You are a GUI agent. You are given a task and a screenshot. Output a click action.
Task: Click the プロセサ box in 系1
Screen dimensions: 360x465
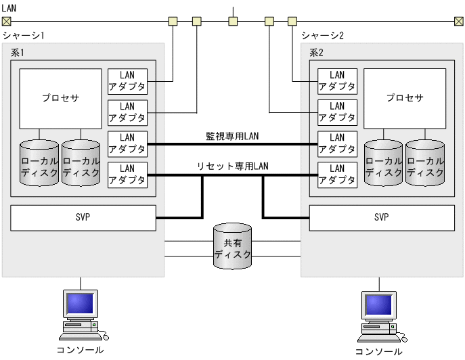pos(60,98)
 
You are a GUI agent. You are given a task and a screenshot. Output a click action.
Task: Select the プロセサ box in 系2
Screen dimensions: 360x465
pos(405,98)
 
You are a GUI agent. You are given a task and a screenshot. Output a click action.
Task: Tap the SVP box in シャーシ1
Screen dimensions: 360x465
pos(83,217)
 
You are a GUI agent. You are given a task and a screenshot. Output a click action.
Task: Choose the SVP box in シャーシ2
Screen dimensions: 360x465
pos(382,217)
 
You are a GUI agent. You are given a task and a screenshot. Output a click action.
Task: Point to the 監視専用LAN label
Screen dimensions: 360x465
pos(232,136)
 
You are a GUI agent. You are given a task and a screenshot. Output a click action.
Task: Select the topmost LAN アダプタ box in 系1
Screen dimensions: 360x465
pos(127,81)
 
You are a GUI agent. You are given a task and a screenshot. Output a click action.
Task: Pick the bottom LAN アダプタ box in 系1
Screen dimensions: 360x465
pos(127,175)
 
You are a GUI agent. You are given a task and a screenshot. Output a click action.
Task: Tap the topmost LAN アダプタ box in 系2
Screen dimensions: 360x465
pos(337,81)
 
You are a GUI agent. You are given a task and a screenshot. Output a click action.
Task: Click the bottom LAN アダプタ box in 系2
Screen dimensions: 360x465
pos(337,175)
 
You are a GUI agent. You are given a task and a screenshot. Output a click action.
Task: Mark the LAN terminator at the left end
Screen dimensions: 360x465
pos(7,21)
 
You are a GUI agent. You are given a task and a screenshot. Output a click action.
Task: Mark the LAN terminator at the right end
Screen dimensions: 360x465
pos(459,21)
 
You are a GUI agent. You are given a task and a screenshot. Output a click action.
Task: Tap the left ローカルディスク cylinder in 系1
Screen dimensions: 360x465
pos(39,162)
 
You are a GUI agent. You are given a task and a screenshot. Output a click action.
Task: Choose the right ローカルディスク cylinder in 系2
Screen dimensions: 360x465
pos(425,162)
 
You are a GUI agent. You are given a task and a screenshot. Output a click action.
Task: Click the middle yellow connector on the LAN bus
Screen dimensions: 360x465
pos(233,21)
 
